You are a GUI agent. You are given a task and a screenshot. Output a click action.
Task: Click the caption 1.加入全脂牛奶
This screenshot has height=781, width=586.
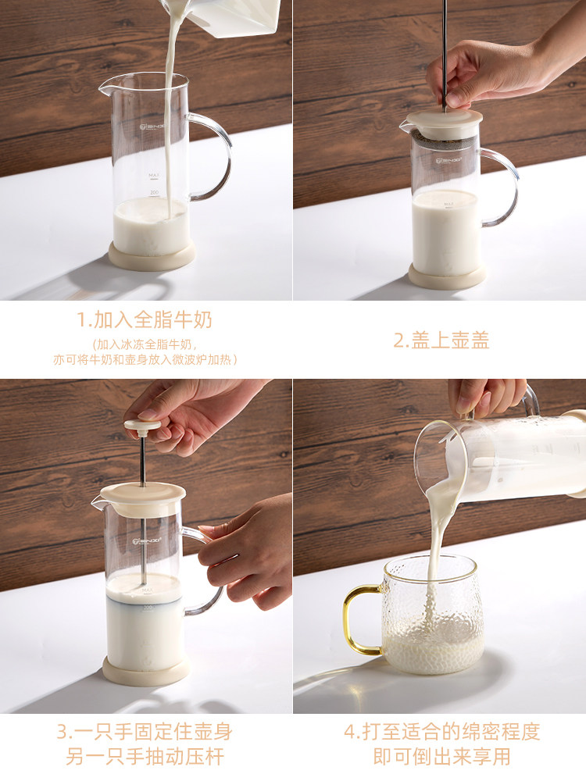pos(145,320)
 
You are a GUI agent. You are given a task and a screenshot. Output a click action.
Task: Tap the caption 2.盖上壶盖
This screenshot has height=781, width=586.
pos(441,341)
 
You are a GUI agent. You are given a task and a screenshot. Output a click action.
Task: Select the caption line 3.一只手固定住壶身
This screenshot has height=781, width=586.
pos(145,733)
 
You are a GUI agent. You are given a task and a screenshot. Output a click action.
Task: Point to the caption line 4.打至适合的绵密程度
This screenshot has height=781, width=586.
pos(441,733)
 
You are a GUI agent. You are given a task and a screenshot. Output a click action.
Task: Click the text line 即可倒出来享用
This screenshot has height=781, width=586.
pos(441,757)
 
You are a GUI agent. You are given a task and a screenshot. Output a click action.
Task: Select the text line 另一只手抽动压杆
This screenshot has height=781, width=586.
pos(145,757)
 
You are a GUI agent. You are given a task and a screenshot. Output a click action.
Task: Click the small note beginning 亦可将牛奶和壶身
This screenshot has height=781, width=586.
pos(145,359)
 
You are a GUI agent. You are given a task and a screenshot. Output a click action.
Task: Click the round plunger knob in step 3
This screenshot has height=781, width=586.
pos(142,426)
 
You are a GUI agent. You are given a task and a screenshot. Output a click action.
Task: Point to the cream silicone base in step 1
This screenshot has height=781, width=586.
pos(152,255)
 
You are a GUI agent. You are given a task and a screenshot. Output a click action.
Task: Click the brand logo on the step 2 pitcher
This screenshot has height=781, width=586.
pos(447,159)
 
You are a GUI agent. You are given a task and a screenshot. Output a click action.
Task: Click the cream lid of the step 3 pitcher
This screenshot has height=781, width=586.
pos(142,493)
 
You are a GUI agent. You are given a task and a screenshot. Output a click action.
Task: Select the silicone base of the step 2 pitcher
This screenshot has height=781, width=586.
pos(447,276)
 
